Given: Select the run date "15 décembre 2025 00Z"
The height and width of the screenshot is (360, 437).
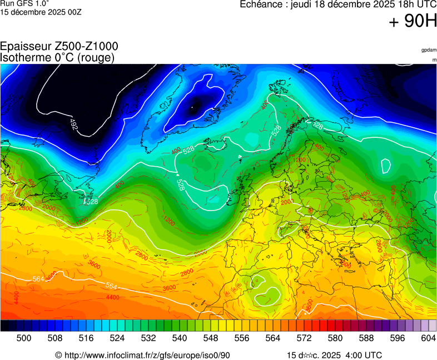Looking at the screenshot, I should (x=41, y=12).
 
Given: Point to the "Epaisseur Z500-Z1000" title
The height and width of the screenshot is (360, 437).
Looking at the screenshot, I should (x=59, y=47).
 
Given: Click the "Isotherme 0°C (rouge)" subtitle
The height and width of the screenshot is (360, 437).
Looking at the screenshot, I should (x=57, y=57).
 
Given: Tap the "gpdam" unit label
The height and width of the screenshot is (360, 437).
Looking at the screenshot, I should (x=429, y=50).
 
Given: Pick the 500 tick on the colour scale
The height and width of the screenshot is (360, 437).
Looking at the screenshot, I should (x=23, y=338).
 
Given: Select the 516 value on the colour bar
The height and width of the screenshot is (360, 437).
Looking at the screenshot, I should (x=86, y=338).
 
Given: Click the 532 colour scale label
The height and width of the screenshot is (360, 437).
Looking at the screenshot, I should (x=148, y=338).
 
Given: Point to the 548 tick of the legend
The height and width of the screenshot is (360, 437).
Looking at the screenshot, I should (x=210, y=338).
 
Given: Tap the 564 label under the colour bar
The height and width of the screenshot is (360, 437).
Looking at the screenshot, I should (x=272, y=338).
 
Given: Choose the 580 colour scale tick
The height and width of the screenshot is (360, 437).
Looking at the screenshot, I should (x=335, y=338).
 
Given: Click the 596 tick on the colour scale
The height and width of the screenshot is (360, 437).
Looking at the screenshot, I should (x=397, y=338).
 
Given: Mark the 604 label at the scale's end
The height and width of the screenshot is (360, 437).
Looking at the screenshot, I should (x=428, y=338).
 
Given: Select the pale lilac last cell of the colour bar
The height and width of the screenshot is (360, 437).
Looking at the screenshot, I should (x=433, y=326).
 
